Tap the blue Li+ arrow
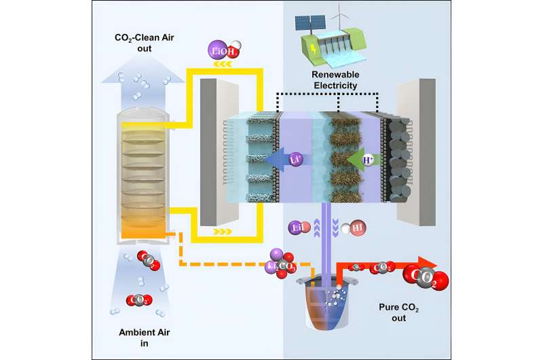click(279, 159)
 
